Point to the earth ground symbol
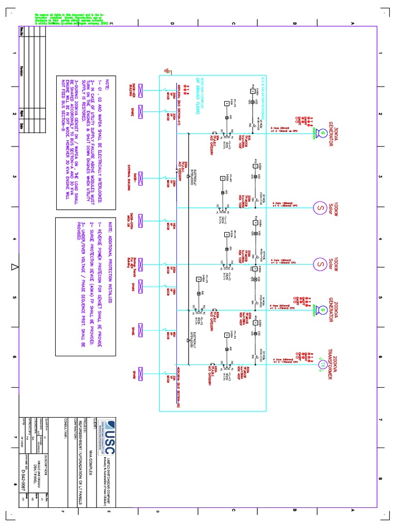[166, 70]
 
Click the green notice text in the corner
[72, 20]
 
